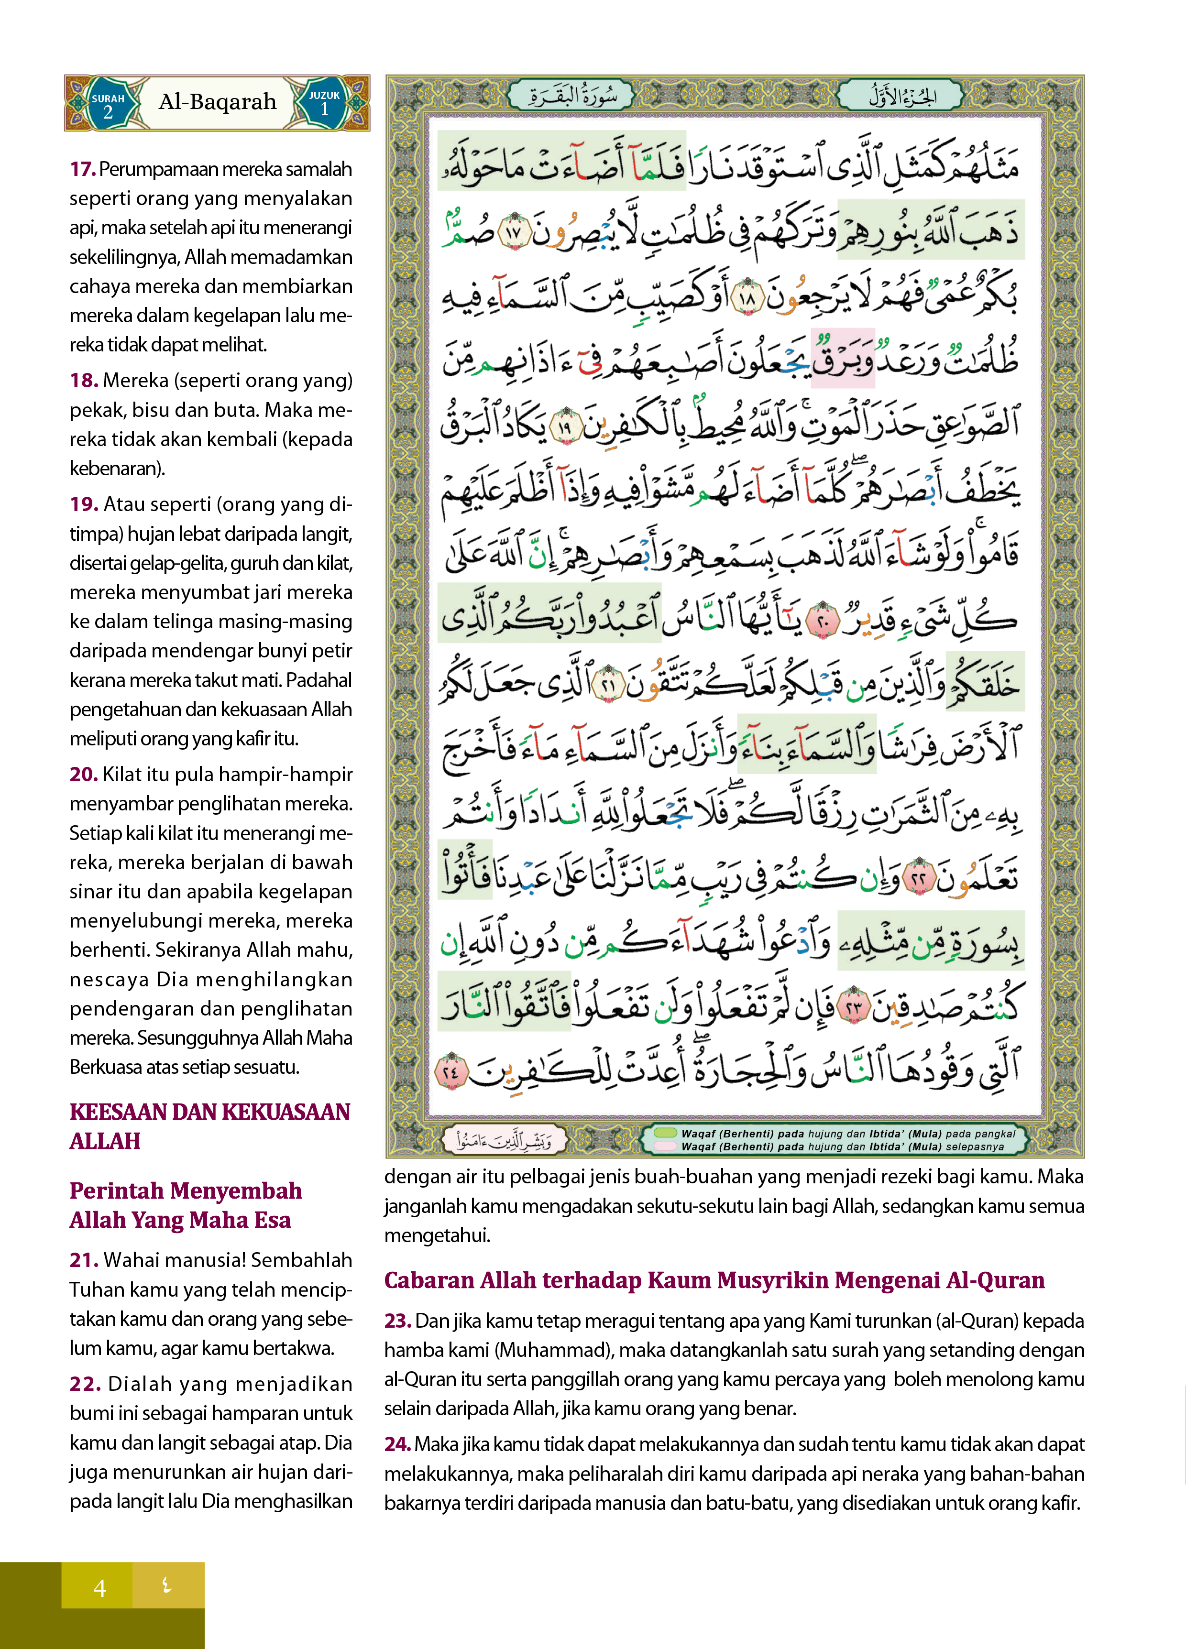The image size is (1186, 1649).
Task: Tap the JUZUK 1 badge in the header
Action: pyautogui.click(x=324, y=104)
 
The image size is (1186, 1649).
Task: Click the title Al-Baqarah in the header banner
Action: pyautogui.click(x=218, y=102)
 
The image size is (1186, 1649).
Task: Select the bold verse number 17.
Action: pyautogui.click(x=83, y=169)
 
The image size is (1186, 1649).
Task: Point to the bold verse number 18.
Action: pyautogui.click(x=84, y=380)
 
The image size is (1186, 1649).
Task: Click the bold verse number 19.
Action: pyautogui.click(x=84, y=504)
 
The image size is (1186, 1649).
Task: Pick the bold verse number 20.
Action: pyautogui.click(x=84, y=775)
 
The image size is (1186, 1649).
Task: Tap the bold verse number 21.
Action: pyautogui.click(x=84, y=1260)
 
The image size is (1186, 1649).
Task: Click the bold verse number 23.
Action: pyautogui.click(x=398, y=1321)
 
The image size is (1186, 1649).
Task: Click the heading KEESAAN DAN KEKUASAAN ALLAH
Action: pyautogui.click(x=209, y=1125)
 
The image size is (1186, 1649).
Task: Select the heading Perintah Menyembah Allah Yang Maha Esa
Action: pyautogui.click(x=186, y=1205)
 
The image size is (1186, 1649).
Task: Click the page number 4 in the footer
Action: pyautogui.click(x=99, y=1588)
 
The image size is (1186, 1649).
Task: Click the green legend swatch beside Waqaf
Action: pyautogui.click(x=665, y=1133)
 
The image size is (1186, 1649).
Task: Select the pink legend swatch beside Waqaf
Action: pyautogui.click(x=665, y=1146)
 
